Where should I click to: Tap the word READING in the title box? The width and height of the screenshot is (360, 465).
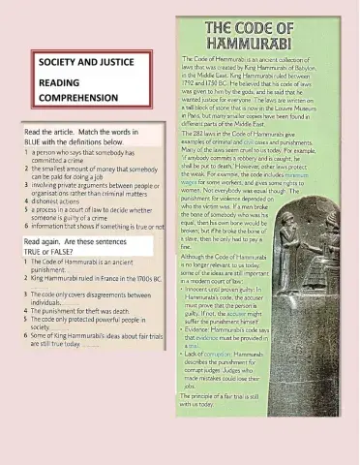(x=60, y=81)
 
